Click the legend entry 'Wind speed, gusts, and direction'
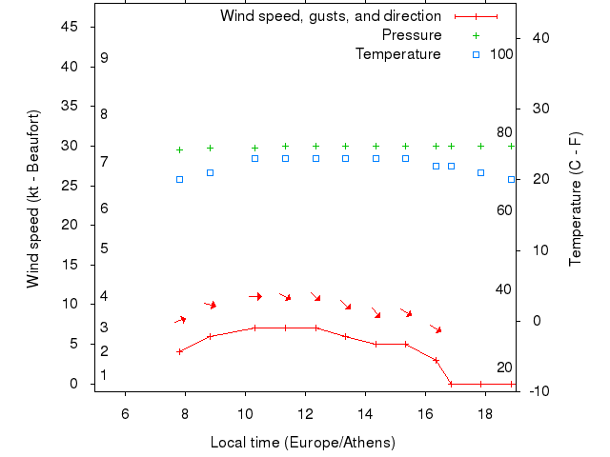click(330, 16)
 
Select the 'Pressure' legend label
click(412, 35)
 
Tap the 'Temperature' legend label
click(398, 54)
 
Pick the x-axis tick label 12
click(305, 411)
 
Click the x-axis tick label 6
click(125, 411)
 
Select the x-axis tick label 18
click(485, 411)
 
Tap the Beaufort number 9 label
click(104, 58)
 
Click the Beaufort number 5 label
click(104, 248)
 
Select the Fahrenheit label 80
click(504, 133)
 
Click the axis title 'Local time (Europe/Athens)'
click(302, 443)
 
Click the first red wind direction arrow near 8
click(180, 320)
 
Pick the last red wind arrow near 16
click(436, 328)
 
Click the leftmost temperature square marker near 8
click(179, 179)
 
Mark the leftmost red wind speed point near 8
click(179, 351)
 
